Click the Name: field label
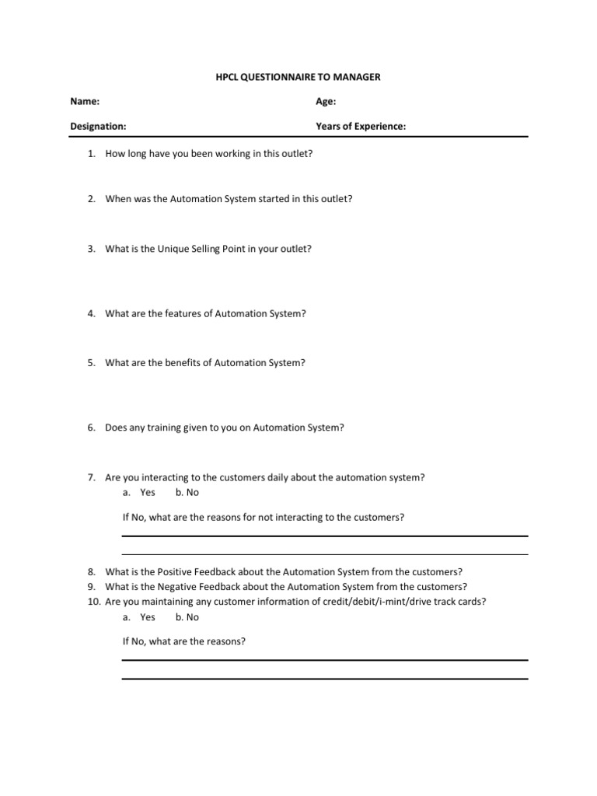(85, 102)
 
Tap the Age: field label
(326, 102)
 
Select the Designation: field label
(99, 126)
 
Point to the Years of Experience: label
(361, 126)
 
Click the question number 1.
(91, 154)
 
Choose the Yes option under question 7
(147, 493)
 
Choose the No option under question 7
(187, 493)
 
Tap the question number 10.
(93, 602)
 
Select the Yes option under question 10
(147, 617)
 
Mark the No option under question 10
(187, 617)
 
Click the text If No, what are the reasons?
(184, 642)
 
